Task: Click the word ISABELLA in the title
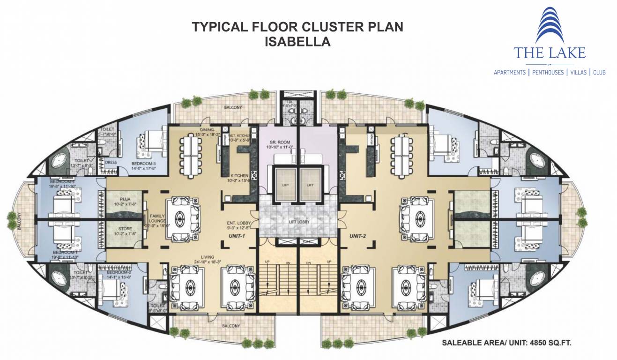click(297, 42)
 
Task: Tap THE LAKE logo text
click(549, 52)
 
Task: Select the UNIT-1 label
click(238, 236)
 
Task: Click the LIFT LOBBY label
click(299, 221)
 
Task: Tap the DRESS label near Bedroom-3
click(111, 163)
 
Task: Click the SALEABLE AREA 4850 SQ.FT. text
click(506, 343)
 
